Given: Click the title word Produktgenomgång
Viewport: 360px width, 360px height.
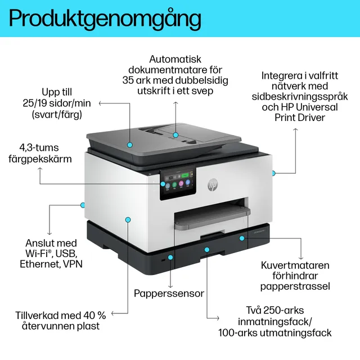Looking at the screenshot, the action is click(x=105, y=19).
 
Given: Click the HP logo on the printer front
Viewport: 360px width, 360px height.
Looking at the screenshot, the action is click(x=213, y=184).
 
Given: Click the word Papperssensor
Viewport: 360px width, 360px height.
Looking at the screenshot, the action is click(x=169, y=294).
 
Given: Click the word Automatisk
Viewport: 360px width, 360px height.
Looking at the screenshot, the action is click(x=175, y=59).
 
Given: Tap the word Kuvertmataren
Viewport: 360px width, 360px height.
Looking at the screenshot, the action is click(x=295, y=265).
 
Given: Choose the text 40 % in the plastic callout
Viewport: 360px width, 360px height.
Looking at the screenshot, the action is click(x=94, y=315).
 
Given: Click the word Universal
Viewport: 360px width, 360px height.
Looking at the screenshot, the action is click(x=317, y=107).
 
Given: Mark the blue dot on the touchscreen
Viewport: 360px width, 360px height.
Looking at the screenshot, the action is click(x=163, y=184).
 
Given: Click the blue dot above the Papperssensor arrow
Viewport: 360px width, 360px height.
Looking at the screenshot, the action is click(x=170, y=258).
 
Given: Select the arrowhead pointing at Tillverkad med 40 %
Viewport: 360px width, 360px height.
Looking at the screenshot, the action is click(x=112, y=313).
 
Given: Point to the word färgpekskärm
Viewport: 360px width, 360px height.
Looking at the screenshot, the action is click(x=40, y=159).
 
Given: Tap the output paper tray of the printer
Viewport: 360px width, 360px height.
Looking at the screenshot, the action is click(x=212, y=218).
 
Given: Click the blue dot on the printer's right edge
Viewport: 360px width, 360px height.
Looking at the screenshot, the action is click(x=273, y=173).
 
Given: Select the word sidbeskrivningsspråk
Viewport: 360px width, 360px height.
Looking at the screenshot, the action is click(x=300, y=97).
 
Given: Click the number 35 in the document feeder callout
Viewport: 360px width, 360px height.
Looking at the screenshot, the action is click(x=128, y=80).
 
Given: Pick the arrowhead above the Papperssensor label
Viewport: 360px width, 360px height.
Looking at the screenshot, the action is click(x=170, y=286).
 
